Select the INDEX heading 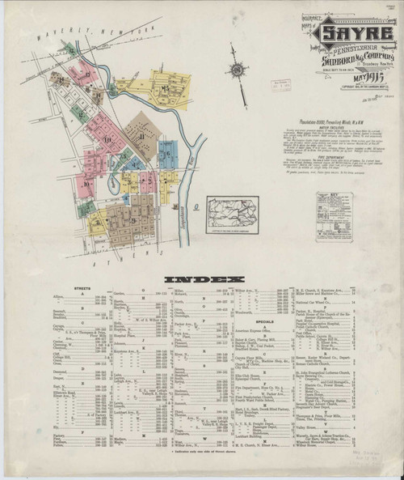tap(201, 280)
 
